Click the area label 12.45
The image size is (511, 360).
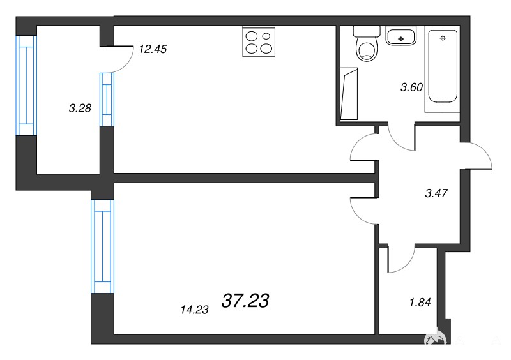click(x=153, y=49)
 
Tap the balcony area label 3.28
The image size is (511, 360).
click(x=80, y=108)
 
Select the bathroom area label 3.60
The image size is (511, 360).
click(x=411, y=87)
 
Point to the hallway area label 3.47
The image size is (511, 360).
click(x=436, y=193)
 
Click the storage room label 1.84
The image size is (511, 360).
click(x=420, y=303)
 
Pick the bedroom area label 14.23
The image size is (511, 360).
click(x=195, y=310)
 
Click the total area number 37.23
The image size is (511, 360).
click(x=245, y=301)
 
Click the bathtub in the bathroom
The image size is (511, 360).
click(x=443, y=66)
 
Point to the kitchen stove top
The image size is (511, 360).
click(x=259, y=41)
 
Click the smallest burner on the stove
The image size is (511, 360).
click(x=266, y=36)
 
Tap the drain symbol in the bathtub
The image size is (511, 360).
click(x=443, y=38)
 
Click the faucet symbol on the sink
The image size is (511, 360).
click(x=401, y=39)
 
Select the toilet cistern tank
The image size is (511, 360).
click(x=367, y=31)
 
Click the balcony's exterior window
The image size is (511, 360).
click(x=26, y=85)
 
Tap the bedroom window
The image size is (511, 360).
click(x=103, y=246)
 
